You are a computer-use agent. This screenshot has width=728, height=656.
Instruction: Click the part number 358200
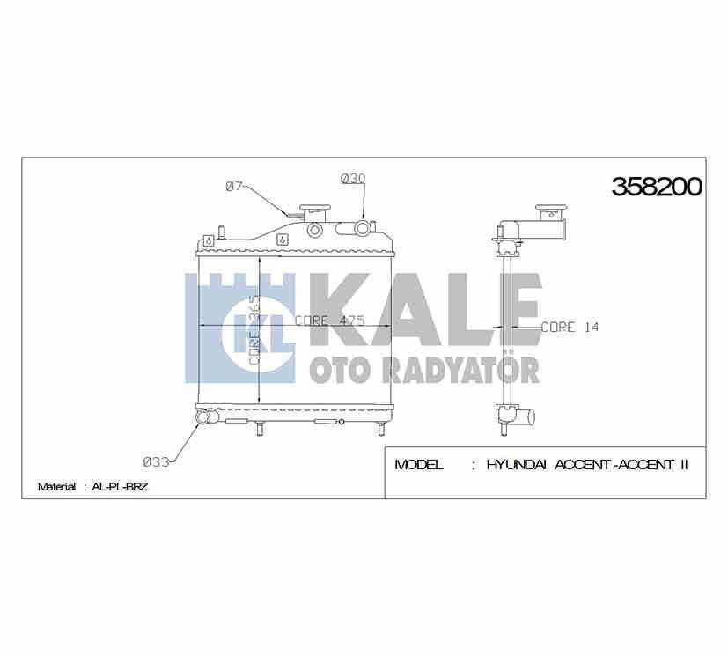(657, 187)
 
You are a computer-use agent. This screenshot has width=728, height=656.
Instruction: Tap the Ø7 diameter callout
(234, 186)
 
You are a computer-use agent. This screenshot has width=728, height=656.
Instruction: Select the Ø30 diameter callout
(352, 179)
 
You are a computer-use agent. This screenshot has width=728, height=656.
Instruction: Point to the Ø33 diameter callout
(156, 460)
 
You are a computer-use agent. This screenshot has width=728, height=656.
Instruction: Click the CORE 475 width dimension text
(329, 321)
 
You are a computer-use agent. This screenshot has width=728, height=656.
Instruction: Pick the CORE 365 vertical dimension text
(253, 330)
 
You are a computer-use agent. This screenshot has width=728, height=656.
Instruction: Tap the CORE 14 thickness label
(569, 327)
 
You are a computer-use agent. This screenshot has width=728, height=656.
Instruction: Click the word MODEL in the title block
(419, 464)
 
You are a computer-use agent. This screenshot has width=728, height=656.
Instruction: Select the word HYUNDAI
(518, 464)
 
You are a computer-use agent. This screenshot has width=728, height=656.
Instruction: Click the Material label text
(56, 486)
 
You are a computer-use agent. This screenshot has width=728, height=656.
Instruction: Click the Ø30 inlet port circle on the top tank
(362, 230)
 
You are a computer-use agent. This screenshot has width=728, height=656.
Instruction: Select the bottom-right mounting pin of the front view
(380, 429)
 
